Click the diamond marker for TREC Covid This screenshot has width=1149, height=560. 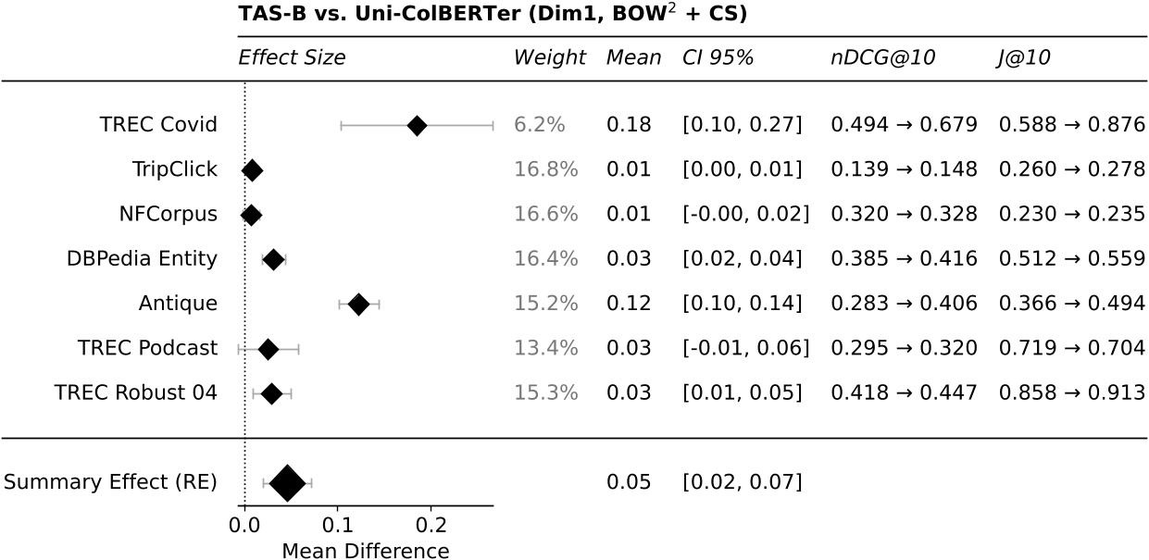tap(417, 125)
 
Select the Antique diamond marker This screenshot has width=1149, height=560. tap(358, 304)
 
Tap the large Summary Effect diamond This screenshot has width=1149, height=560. tap(287, 482)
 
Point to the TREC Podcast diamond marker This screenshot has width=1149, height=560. tap(269, 349)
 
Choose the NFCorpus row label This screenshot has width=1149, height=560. tap(168, 215)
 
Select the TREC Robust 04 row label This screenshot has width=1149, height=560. tap(136, 393)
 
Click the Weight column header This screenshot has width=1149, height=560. tap(549, 57)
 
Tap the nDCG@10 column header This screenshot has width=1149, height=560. tap(882, 57)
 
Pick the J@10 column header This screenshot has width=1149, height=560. tap(1024, 57)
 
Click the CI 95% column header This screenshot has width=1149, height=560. tap(718, 57)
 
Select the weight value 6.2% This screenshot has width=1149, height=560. tap(539, 125)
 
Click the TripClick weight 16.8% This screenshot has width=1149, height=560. tap(545, 169)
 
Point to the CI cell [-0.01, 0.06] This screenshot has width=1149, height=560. tap(745, 349)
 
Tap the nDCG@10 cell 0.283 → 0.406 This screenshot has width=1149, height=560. tap(904, 304)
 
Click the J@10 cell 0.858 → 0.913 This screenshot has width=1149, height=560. tap(1072, 393)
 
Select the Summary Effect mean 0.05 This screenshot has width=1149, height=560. tap(629, 482)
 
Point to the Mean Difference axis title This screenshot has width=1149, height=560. tap(365, 551)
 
